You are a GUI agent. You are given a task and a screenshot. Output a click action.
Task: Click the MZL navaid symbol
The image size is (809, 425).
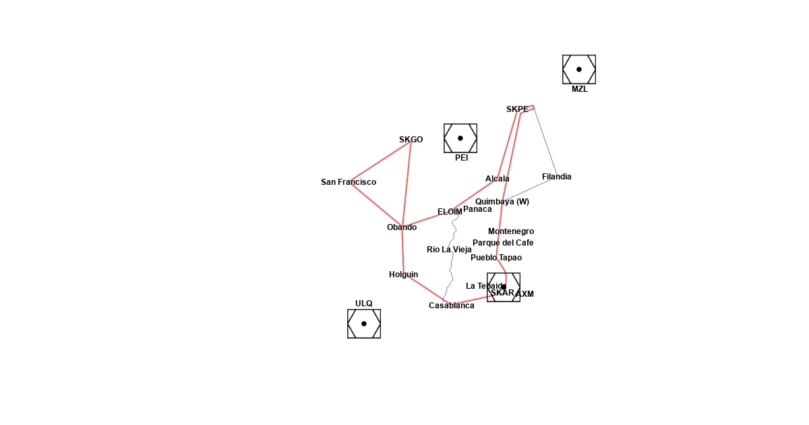pyautogui.click(x=579, y=69)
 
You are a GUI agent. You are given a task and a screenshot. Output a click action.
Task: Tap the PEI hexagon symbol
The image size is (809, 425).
pyautogui.click(x=460, y=138)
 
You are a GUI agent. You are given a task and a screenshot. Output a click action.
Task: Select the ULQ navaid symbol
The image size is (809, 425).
pyautogui.click(x=364, y=324)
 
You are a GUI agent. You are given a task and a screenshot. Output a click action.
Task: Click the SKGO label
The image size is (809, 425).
pyautogui.click(x=411, y=140)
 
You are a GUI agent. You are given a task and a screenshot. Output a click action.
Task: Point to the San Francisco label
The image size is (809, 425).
pyautogui.click(x=349, y=182)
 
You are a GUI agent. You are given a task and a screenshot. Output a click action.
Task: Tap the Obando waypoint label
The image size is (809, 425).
pyautogui.click(x=402, y=227)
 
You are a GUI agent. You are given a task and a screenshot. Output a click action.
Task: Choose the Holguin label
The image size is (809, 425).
pyautogui.click(x=403, y=275)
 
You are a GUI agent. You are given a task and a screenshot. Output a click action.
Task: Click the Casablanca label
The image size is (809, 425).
pyautogui.click(x=451, y=306)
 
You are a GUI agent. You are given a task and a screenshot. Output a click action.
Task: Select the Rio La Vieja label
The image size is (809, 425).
pyautogui.click(x=449, y=250)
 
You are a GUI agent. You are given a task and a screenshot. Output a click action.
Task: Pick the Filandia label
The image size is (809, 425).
pyautogui.click(x=556, y=177)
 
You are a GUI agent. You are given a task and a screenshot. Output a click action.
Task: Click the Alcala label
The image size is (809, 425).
pyautogui.click(x=498, y=179)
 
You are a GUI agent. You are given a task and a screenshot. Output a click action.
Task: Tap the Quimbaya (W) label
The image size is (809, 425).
pyautogui.click(x=502, y=202)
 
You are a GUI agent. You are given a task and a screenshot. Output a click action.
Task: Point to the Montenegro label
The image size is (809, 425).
pyautogui.click(x=511, y=231)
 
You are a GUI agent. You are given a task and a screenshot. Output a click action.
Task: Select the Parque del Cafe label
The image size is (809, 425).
pyautogui.click(x=503, y=243)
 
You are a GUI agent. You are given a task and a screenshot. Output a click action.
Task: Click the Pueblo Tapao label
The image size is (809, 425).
pyautogui.click(x=496, y=258)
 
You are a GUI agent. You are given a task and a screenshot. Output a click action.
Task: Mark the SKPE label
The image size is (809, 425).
pyautogui.click(x=517, y=109)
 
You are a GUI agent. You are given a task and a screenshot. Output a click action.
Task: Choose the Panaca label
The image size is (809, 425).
pyautogui.click(x=477, y=209)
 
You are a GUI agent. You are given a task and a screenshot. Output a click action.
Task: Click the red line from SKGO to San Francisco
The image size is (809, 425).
pyautogui.click(x=380, y=162)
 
